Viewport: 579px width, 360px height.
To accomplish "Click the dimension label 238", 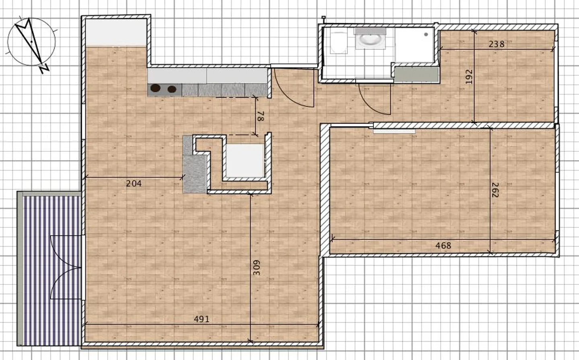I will click(x=496, y=44).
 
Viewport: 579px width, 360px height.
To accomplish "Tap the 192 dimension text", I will click(x=469, y=77).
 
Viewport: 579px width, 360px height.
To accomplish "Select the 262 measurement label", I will click(x=495, y=190).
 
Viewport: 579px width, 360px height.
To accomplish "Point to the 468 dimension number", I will click(x=443, y=245).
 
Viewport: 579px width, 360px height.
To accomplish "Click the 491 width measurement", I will click(x=201, y=319).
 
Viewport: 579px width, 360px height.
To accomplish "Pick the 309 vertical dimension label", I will click(x=257, y=268).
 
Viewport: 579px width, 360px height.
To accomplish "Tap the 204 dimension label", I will click(x=134, y=184).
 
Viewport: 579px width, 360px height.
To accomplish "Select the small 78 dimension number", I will click(x=260, y=117).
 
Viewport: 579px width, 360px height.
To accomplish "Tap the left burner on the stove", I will click(x=155, y=88).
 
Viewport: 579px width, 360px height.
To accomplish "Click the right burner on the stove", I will click(x=172, y=89).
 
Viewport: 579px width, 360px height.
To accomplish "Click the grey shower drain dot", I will click(x=425, y=35).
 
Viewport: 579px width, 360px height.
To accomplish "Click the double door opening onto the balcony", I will click(x=66, y=267).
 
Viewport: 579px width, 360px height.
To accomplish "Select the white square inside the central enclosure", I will click(x=244, y=160).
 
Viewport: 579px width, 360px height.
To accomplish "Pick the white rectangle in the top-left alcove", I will click(x=116, y=32).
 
